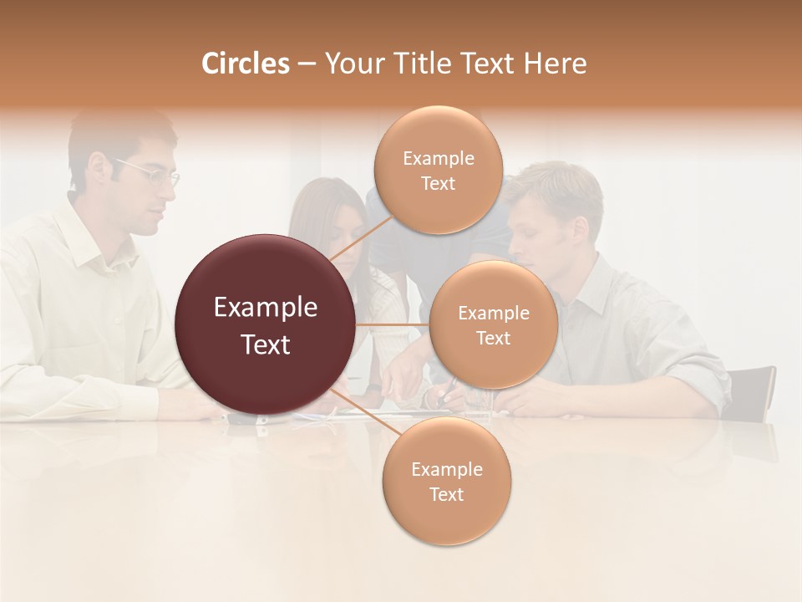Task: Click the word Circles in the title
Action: (245, 64)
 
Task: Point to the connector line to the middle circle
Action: (393, 324)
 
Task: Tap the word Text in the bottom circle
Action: (446, 494)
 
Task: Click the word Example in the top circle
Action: (438, 159)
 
